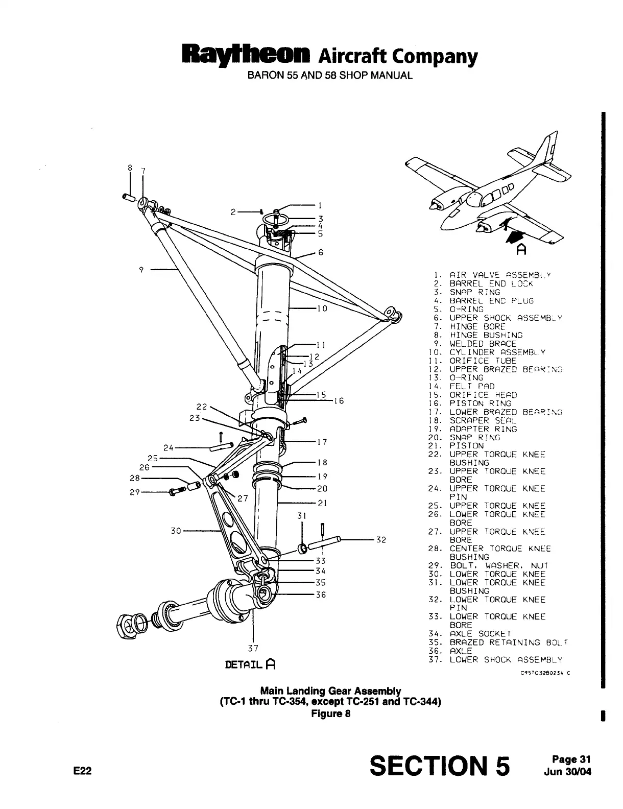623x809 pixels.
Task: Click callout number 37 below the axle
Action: tap(253, 649)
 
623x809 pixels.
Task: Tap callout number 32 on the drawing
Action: tap(381, 539)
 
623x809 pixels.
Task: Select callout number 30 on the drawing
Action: tap(176, 531)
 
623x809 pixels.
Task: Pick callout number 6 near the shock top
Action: tap(321, 252)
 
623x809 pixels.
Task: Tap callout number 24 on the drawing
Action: tap(169, 448)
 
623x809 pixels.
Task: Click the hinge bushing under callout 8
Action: tap(128, 197)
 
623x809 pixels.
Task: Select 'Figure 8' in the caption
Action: tap(330, 713)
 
